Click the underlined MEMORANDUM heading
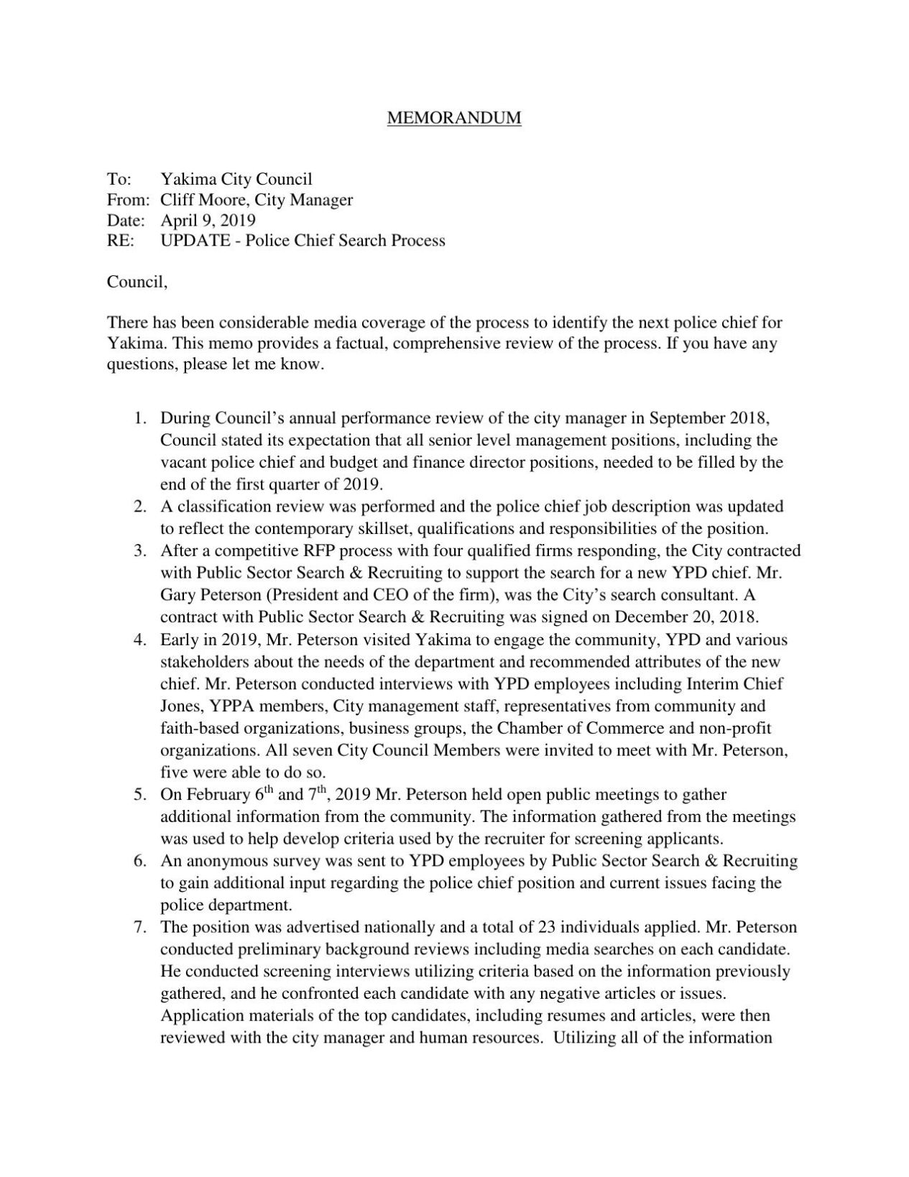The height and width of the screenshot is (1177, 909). tap(454, 118)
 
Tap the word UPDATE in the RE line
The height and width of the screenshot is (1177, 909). tap(192, 241)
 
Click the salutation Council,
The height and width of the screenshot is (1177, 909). tap(137, 282)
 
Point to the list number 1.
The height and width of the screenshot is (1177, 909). tap(140, 417)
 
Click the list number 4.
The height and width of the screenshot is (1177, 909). tap(140, 640)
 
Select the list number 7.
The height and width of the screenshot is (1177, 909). tap(140, 927)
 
